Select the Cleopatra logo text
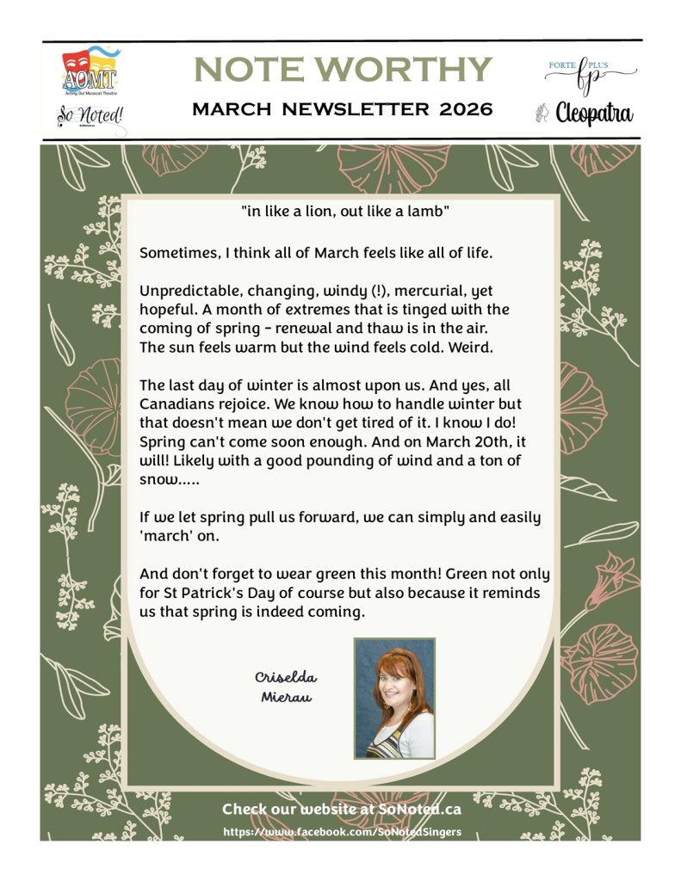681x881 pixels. coord(595,113)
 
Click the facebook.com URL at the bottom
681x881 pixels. coord(341,832)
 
